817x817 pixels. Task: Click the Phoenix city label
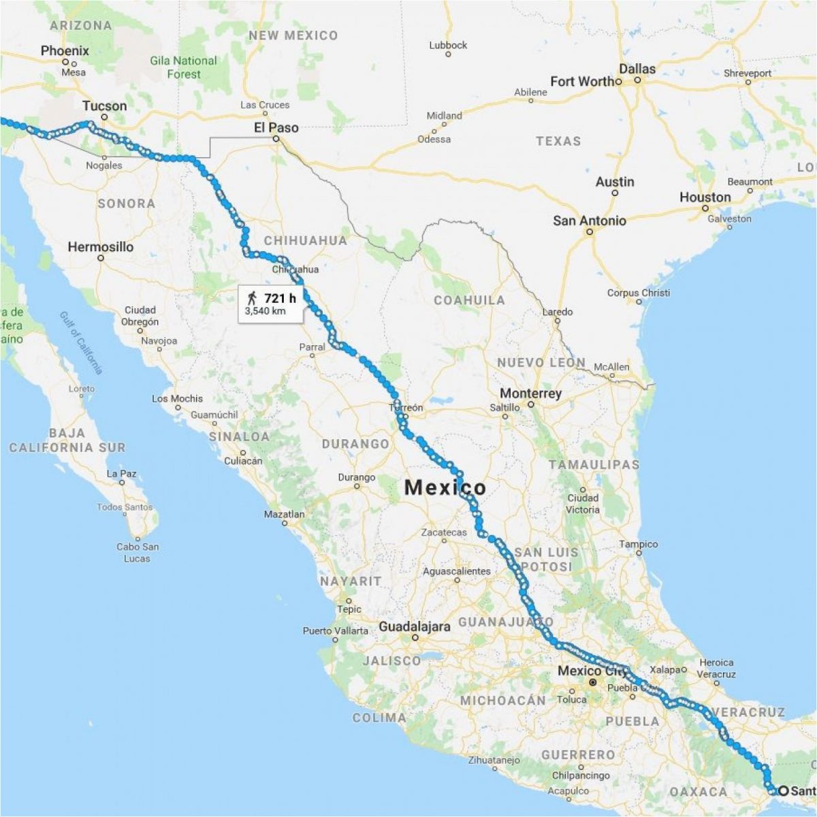(x=65, y=51)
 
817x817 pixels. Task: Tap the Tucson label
(x=104, y=106)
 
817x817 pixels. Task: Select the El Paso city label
(x=276, y=127)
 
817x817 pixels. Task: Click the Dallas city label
(x=637, y=69)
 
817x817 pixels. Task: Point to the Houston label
(x=705, y=197)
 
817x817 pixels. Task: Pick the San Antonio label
(x=589, y=221)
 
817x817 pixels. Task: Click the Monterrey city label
(x=530, y=394)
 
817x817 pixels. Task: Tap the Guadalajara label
(x=414, y=627)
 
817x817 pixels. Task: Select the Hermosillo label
(x=100, y=247)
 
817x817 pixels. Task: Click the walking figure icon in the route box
(x=253, y=298)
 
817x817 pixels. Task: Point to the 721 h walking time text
(x=280, y=298)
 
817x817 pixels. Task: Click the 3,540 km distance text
(x=265, y=312)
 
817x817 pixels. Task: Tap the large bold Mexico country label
(x=445, y=487)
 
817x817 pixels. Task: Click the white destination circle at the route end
(x=784, y=790)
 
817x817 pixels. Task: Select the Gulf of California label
(x=81, y=342)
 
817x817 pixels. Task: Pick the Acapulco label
(x=568, y=791)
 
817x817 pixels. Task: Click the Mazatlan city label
(x=284, y=515)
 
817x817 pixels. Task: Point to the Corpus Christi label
(x=638, y=293)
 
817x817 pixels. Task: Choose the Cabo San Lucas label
(x=137, y=552)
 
